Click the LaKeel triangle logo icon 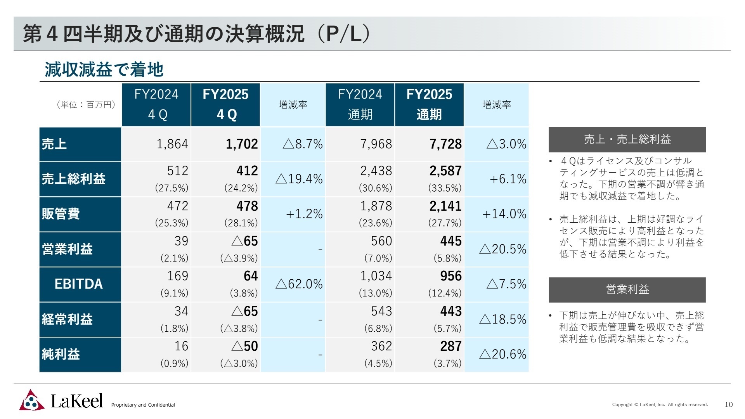pos(32,400)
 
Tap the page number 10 pos(728,405)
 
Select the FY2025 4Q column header pos(225,104)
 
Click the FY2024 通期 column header pos(360,104)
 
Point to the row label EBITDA pos(79,284)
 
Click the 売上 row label pos(54,144)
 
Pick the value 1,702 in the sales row pos(242,144)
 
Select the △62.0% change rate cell pos(299,284)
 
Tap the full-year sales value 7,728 pos(445,144)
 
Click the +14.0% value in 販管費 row pos(504,214)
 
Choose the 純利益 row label pos(61,354)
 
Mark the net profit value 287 pos(450,346)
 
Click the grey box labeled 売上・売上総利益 pos(627,139)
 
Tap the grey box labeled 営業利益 pos(627,289)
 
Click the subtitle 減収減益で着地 pos(104,70)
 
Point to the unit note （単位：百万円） pos(86,105)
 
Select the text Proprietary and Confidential pos(143,405)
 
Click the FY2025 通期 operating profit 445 pos(450,241)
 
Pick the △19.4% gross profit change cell pos(299,179)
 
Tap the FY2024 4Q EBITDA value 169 pos(177,276)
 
